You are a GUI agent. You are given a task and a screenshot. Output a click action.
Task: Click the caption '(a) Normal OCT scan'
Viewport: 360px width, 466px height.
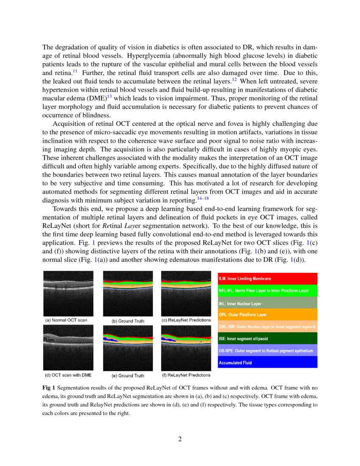pyautogui.click(x=66, y=320)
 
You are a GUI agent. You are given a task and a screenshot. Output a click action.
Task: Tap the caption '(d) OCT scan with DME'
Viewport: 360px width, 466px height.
pyautogui.click(x=68, y=375)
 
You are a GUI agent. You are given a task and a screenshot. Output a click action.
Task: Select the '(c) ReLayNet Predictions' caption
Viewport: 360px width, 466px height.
pyautogui.click(x=186, y=320)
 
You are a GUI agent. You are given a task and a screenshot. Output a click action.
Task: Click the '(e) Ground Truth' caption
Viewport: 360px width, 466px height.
pyautogui.click(x=128, y=376)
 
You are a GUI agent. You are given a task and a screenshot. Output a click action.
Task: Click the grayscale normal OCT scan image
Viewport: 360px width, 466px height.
pyautogui.click(x=69, y=294)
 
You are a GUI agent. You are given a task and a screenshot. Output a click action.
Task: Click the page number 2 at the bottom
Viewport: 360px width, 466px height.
pyautogui.click(x=180, y=439)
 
